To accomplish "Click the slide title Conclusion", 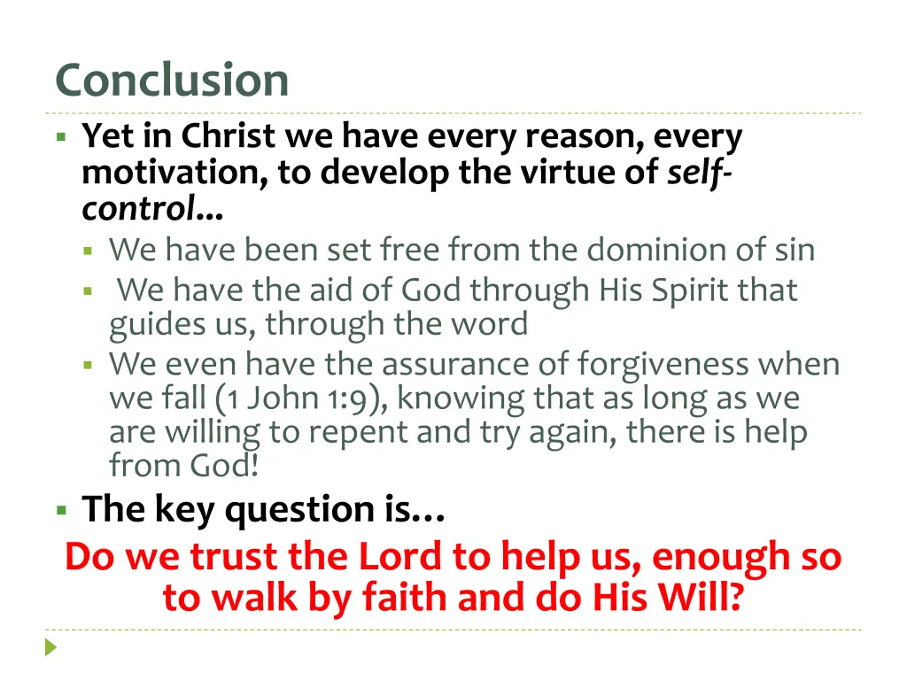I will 172,81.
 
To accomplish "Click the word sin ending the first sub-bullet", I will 794,251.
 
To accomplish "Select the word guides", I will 153,325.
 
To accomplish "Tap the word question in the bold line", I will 300,509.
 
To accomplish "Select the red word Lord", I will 399,558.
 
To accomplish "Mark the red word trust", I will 237,558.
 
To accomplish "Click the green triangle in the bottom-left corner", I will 50,647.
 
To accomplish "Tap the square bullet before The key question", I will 61,510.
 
